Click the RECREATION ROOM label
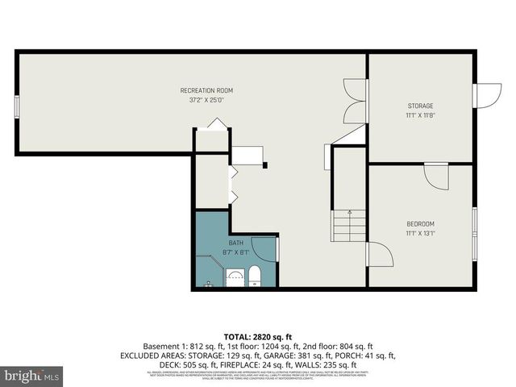point(206,90)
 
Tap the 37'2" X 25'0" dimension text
point(206,100)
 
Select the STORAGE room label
point(419,106)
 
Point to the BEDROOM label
point(420,223)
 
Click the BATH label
point(235,243)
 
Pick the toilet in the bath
point(254,277)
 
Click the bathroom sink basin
point(235,277)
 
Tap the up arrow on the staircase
point(349,213)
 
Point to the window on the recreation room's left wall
point(17,107)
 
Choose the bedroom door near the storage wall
point(436,177)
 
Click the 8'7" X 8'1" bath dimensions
point(235,252)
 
